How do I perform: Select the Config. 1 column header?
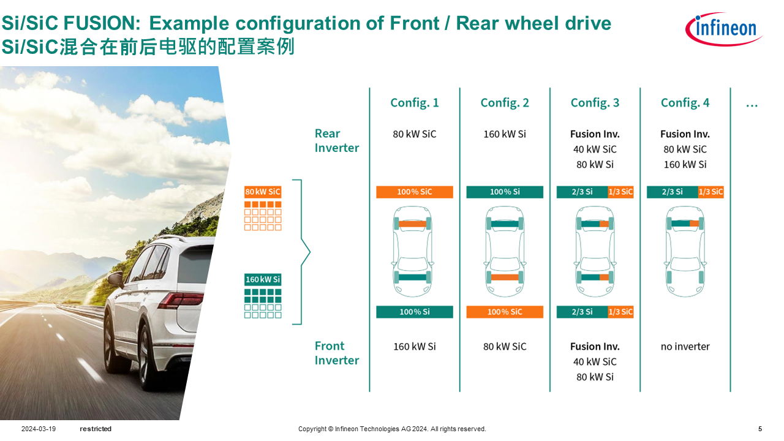coord(415,103)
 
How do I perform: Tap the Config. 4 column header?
coord(685,103)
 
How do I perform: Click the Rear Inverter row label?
coord(336,141)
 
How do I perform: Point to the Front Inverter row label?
coord(336,353)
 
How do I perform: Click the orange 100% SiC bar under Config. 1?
coord(414,192)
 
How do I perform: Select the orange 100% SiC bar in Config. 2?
coord(505,312)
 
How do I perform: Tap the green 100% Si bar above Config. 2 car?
coord(505,192)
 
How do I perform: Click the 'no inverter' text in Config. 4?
coord(685,347)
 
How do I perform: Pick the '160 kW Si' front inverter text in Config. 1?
coord(415,347)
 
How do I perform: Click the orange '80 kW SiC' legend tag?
coord(263,192)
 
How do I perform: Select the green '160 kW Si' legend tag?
coord(263,280)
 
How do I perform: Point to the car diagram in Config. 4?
coord(685,252)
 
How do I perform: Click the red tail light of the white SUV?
coord(184,300)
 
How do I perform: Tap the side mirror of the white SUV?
coord(115,279)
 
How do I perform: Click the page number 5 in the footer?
coord(760,429)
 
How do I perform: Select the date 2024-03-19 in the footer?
coord(39,429)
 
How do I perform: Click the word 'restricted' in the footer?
coord(96,429)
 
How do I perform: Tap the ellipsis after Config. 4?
coord(752,104)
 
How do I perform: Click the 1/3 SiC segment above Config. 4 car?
coord(710,192)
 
